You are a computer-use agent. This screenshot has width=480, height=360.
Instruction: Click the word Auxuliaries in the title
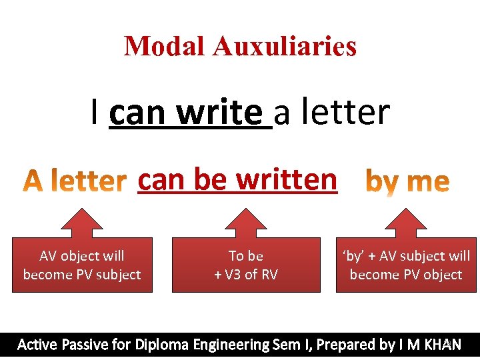pyautogui.click(x=285, y=46)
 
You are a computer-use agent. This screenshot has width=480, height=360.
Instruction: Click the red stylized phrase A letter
pyautogui.click(x=75, y=181)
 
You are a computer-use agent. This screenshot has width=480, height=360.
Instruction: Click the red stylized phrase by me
pyautogui.click(x=408, y=181)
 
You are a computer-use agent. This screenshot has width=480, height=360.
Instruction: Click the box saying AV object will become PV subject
pyautogui.click(x=82, y=265)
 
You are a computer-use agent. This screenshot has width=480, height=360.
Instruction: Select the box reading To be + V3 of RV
pyautogui.click(x=245, y=265)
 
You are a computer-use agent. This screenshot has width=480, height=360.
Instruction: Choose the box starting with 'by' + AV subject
pyautogui.click(x=405, y=265)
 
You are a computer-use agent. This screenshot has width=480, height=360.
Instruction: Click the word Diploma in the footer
pyautogui.click(x=163, y=345)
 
